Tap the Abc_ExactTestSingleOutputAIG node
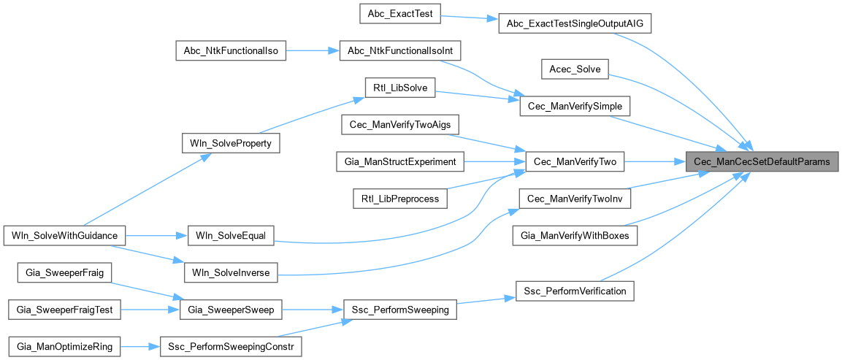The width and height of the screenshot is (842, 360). [573, 23]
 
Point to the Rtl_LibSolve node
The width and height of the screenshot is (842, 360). [399, 88]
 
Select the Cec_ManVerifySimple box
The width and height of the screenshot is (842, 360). [575, 106]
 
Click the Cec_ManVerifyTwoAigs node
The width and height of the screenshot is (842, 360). [400, 125]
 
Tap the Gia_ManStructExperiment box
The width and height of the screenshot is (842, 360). [400, 161]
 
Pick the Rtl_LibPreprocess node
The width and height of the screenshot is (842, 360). [400, 198]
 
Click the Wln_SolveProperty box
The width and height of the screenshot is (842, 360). [230, 143]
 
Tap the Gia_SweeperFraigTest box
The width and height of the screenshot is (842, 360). [64, 310]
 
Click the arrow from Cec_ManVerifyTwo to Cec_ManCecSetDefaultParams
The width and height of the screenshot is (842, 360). [654, 161]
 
